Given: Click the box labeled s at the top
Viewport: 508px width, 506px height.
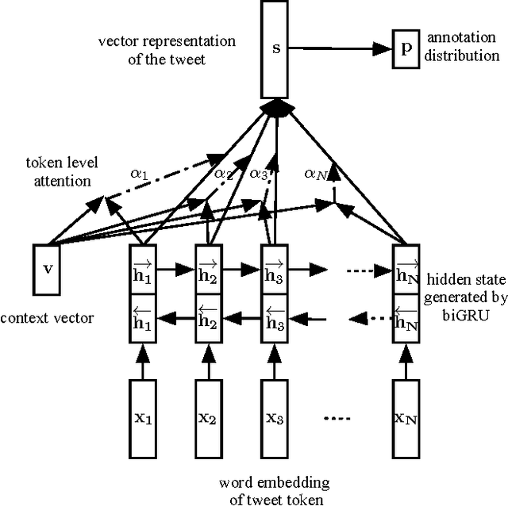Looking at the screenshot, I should click(276, 49).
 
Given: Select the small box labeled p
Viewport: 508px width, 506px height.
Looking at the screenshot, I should click(406, 48).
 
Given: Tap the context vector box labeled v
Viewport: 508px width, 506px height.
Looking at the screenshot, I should click(48, 268).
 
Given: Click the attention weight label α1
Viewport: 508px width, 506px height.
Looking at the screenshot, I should click(140, 173).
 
